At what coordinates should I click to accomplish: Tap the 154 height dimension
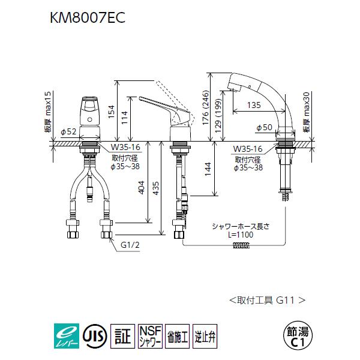(110, 110)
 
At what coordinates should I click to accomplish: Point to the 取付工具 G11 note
(267, 298)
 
